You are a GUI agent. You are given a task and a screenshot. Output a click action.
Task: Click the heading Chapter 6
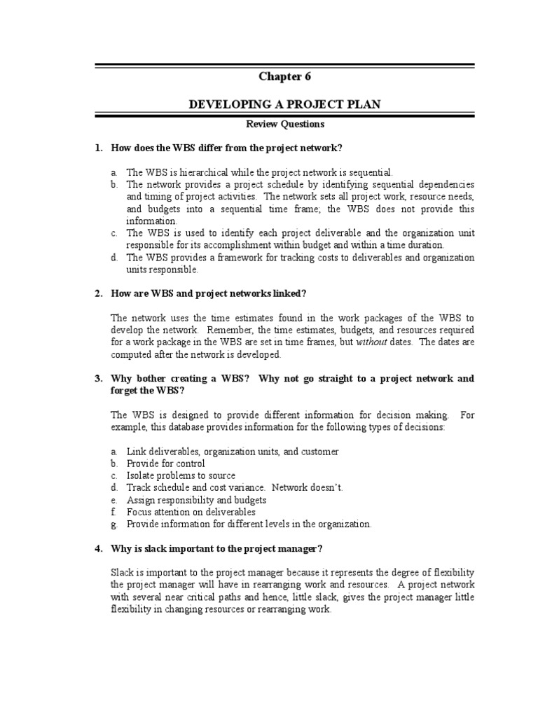click(284, 76)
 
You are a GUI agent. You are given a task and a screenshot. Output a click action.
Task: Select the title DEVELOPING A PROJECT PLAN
click(284, 104)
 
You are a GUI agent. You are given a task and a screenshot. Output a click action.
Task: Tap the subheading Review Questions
click(284, 124)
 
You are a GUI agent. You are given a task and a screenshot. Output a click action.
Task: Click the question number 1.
click(98, 148)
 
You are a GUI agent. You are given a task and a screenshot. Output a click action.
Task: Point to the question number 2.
click(98, 293)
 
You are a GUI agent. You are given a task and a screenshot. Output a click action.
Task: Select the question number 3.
click(98, 378)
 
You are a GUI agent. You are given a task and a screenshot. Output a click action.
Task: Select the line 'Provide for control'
click(165, 464)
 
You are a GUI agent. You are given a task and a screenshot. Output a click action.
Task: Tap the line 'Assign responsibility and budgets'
click(196, 500)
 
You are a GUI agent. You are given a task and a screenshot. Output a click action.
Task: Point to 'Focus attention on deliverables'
click(191, 512)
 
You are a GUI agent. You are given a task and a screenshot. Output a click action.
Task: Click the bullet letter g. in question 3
click(113, 524)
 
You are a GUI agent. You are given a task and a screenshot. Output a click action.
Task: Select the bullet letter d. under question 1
click(113, 258)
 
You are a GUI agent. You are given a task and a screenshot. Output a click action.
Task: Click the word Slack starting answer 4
click(122, 571)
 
